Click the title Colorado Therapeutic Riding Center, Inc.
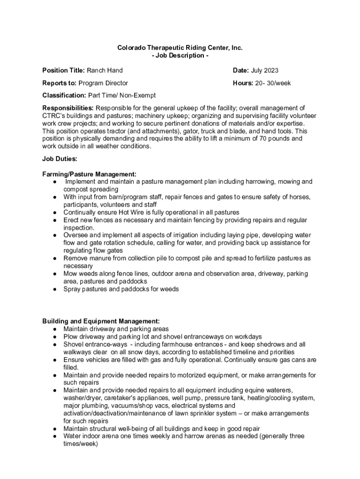point(180,48)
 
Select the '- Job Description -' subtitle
point(180,56)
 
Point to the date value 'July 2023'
point(265,71)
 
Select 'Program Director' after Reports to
point(103,83)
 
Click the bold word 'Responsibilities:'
point(68,108)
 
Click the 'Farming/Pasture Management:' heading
point(89,174)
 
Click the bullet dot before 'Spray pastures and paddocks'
point(55,289)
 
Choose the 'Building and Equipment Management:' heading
point(101,321)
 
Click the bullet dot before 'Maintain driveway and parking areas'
point(55,329)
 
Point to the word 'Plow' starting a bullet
point(70,337)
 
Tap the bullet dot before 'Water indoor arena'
point(55,436)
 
